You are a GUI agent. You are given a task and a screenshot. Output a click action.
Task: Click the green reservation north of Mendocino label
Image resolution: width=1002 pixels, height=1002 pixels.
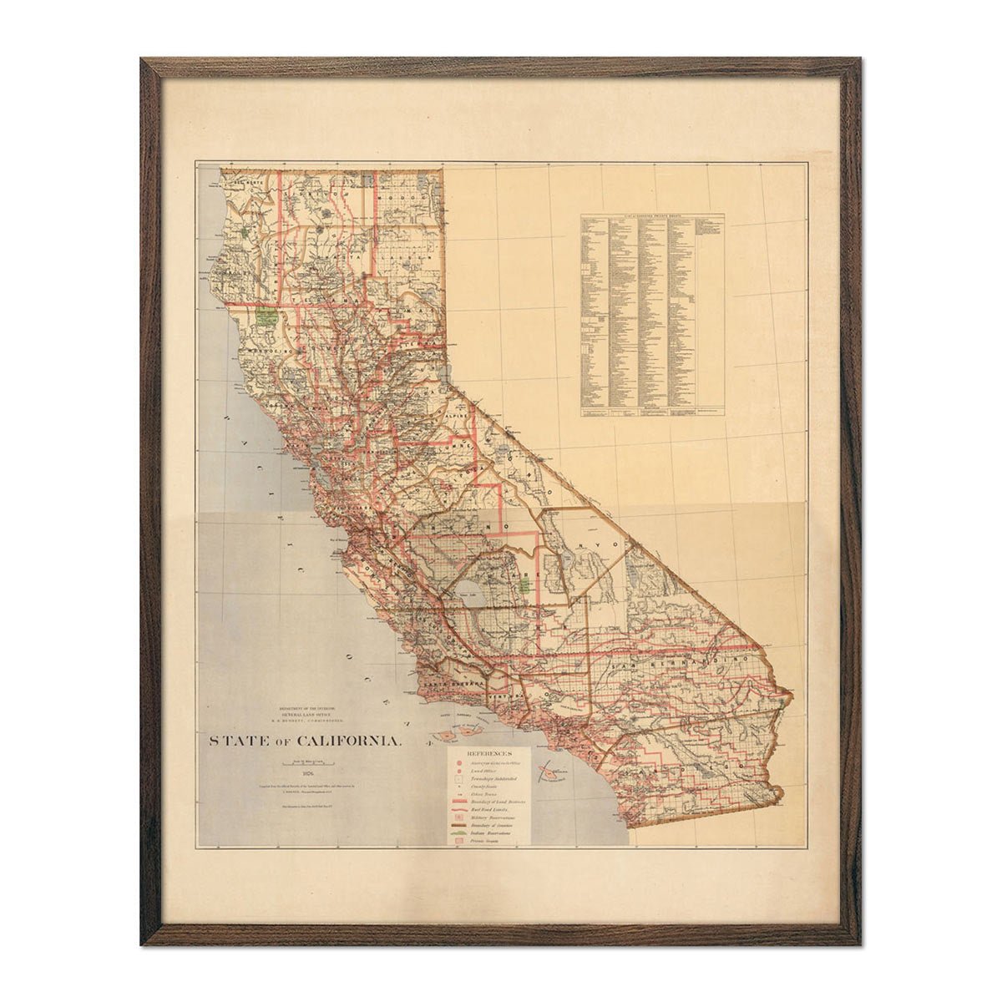266,317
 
